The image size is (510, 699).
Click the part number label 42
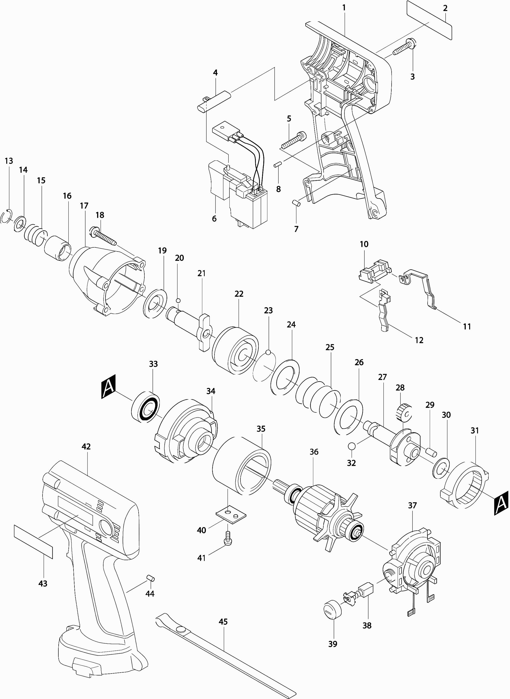pos(86,447)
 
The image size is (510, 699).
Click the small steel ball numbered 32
pos(351,446)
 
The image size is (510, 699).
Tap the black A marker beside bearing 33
pos(108,386)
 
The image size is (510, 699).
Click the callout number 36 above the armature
pos(314,452)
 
